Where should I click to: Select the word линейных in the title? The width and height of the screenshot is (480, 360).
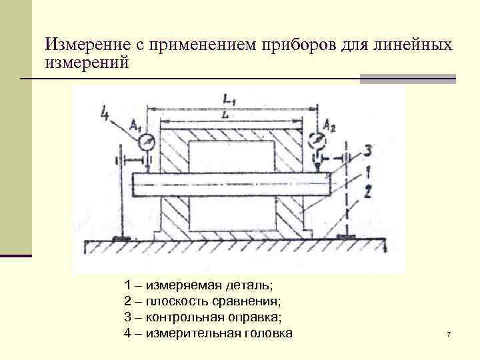[x=415, y=46]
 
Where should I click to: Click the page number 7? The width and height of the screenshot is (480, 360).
[x=449, y=333]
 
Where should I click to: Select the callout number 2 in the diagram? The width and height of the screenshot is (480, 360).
[x=368, y=193]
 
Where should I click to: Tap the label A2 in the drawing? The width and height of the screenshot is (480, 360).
[x=329, y=125]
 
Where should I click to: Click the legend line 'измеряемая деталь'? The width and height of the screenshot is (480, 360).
[x=198, y=285]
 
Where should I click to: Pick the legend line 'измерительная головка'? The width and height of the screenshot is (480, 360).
[x=208, y=333]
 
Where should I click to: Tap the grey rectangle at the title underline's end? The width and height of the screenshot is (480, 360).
[x=407, y=79]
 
